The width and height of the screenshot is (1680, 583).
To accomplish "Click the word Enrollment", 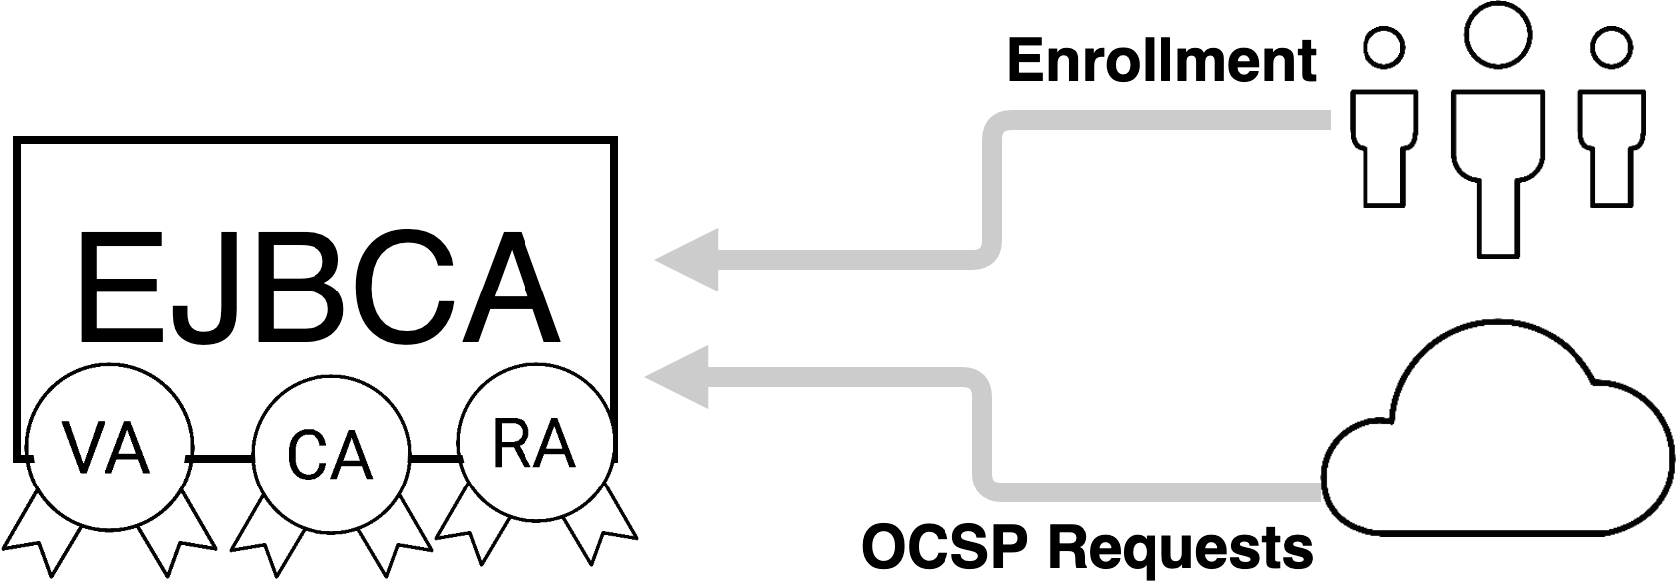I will coord(1161,62).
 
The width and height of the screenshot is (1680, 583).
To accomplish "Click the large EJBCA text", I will coord(315,289).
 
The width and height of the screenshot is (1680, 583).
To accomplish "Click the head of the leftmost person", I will coord(1384,47).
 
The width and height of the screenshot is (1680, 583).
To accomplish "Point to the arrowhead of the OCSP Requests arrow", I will coord(681,377).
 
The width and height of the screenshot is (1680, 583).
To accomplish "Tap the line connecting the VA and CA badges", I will coord(220,458).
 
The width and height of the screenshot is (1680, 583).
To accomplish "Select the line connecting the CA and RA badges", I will coord(434,458).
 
